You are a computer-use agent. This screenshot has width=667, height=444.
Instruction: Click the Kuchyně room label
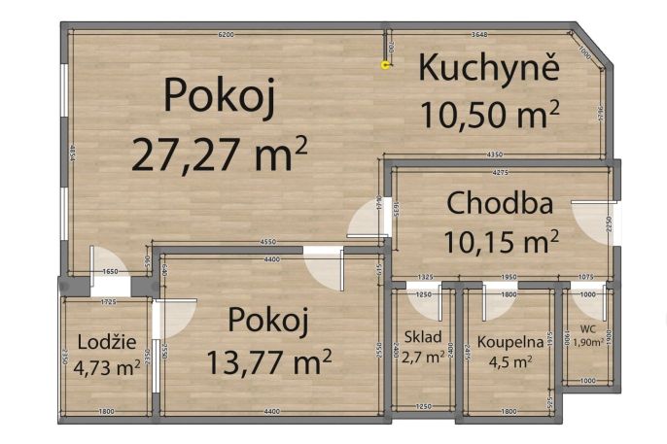489,70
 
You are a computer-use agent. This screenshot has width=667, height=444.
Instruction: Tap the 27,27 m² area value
220,154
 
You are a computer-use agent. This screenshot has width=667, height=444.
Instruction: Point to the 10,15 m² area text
501,240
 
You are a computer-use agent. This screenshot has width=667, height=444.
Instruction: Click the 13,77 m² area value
269,361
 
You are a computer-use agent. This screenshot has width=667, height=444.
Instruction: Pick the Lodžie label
102,341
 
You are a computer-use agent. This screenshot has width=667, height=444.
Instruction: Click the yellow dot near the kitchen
386,65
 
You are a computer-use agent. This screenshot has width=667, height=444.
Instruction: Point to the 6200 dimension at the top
226,35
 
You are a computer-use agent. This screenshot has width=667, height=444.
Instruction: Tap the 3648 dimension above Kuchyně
479,35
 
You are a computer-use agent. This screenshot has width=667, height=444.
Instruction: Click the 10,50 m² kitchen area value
490,114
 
